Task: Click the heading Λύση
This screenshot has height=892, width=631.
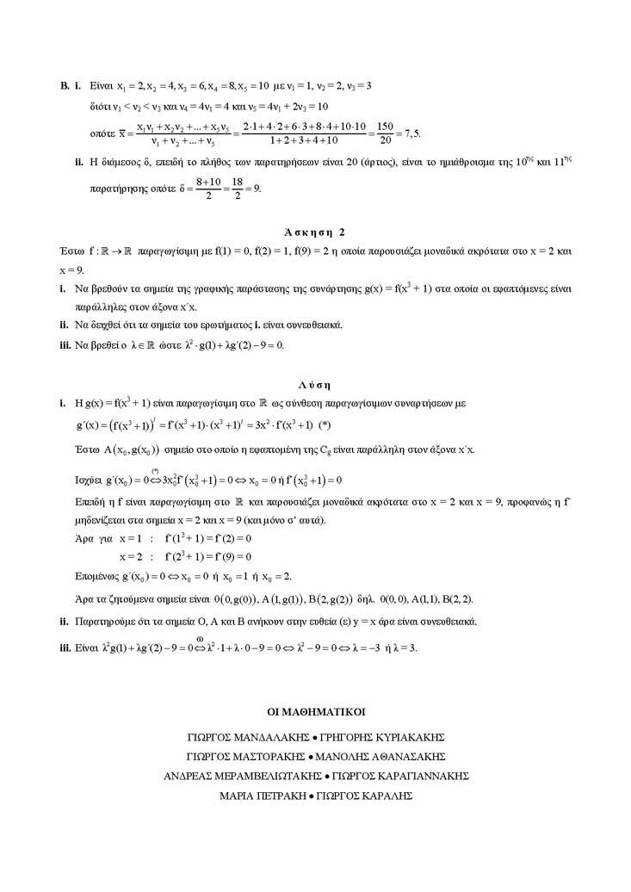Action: point(315,385)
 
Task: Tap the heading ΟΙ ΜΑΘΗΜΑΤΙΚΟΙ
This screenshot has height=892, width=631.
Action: point(316,712)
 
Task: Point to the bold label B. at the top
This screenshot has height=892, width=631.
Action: point(65,86)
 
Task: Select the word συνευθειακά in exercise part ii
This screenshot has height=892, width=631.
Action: point(313,325)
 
